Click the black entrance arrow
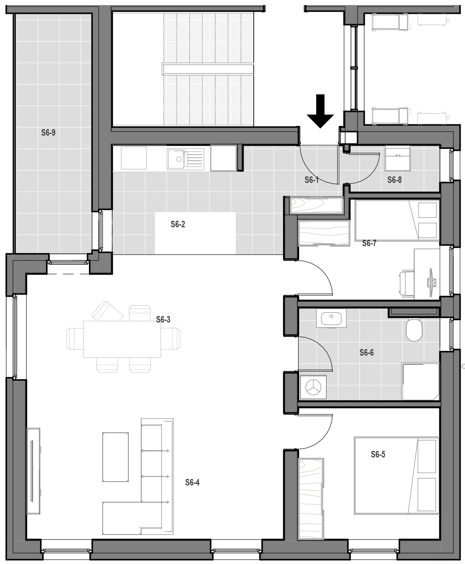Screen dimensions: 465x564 point(320,111)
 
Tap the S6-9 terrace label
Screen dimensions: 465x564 point(48,133)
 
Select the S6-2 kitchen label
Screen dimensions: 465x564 point(178,224)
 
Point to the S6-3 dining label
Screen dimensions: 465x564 point(163,320)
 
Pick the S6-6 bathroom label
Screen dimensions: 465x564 point(367,352)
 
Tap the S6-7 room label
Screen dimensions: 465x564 point(369,243)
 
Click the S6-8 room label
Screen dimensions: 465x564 point(394,180)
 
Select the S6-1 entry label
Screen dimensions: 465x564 point(312,180)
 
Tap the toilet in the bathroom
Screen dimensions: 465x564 point(414,330)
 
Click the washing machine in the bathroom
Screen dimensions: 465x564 point(313,387)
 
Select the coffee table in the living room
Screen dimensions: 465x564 point(115,457)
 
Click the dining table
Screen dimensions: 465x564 point(122,339)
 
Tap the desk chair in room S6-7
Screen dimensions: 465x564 point(406,284)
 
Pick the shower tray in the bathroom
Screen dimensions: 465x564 point(420,381)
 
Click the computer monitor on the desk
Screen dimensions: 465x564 point(431,283)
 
